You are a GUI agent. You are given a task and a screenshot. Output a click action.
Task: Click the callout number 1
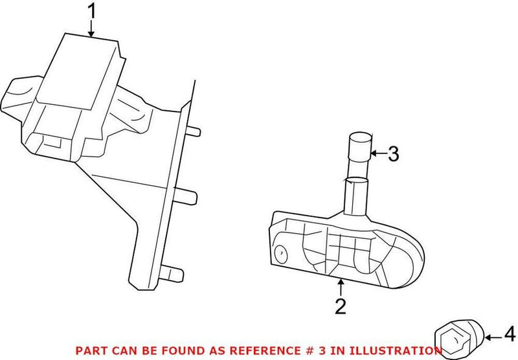(92, 11)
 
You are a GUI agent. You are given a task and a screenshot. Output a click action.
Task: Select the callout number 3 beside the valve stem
(394, 154)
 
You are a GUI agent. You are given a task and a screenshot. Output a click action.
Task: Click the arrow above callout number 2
(341, 285)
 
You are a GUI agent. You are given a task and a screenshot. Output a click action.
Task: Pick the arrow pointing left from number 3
(379, 154)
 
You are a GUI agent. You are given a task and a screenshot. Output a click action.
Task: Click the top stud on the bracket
(194, 133)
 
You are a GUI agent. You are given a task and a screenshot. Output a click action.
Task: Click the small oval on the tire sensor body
(280, 253)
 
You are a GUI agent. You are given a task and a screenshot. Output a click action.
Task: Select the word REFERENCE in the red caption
(282, 350)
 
